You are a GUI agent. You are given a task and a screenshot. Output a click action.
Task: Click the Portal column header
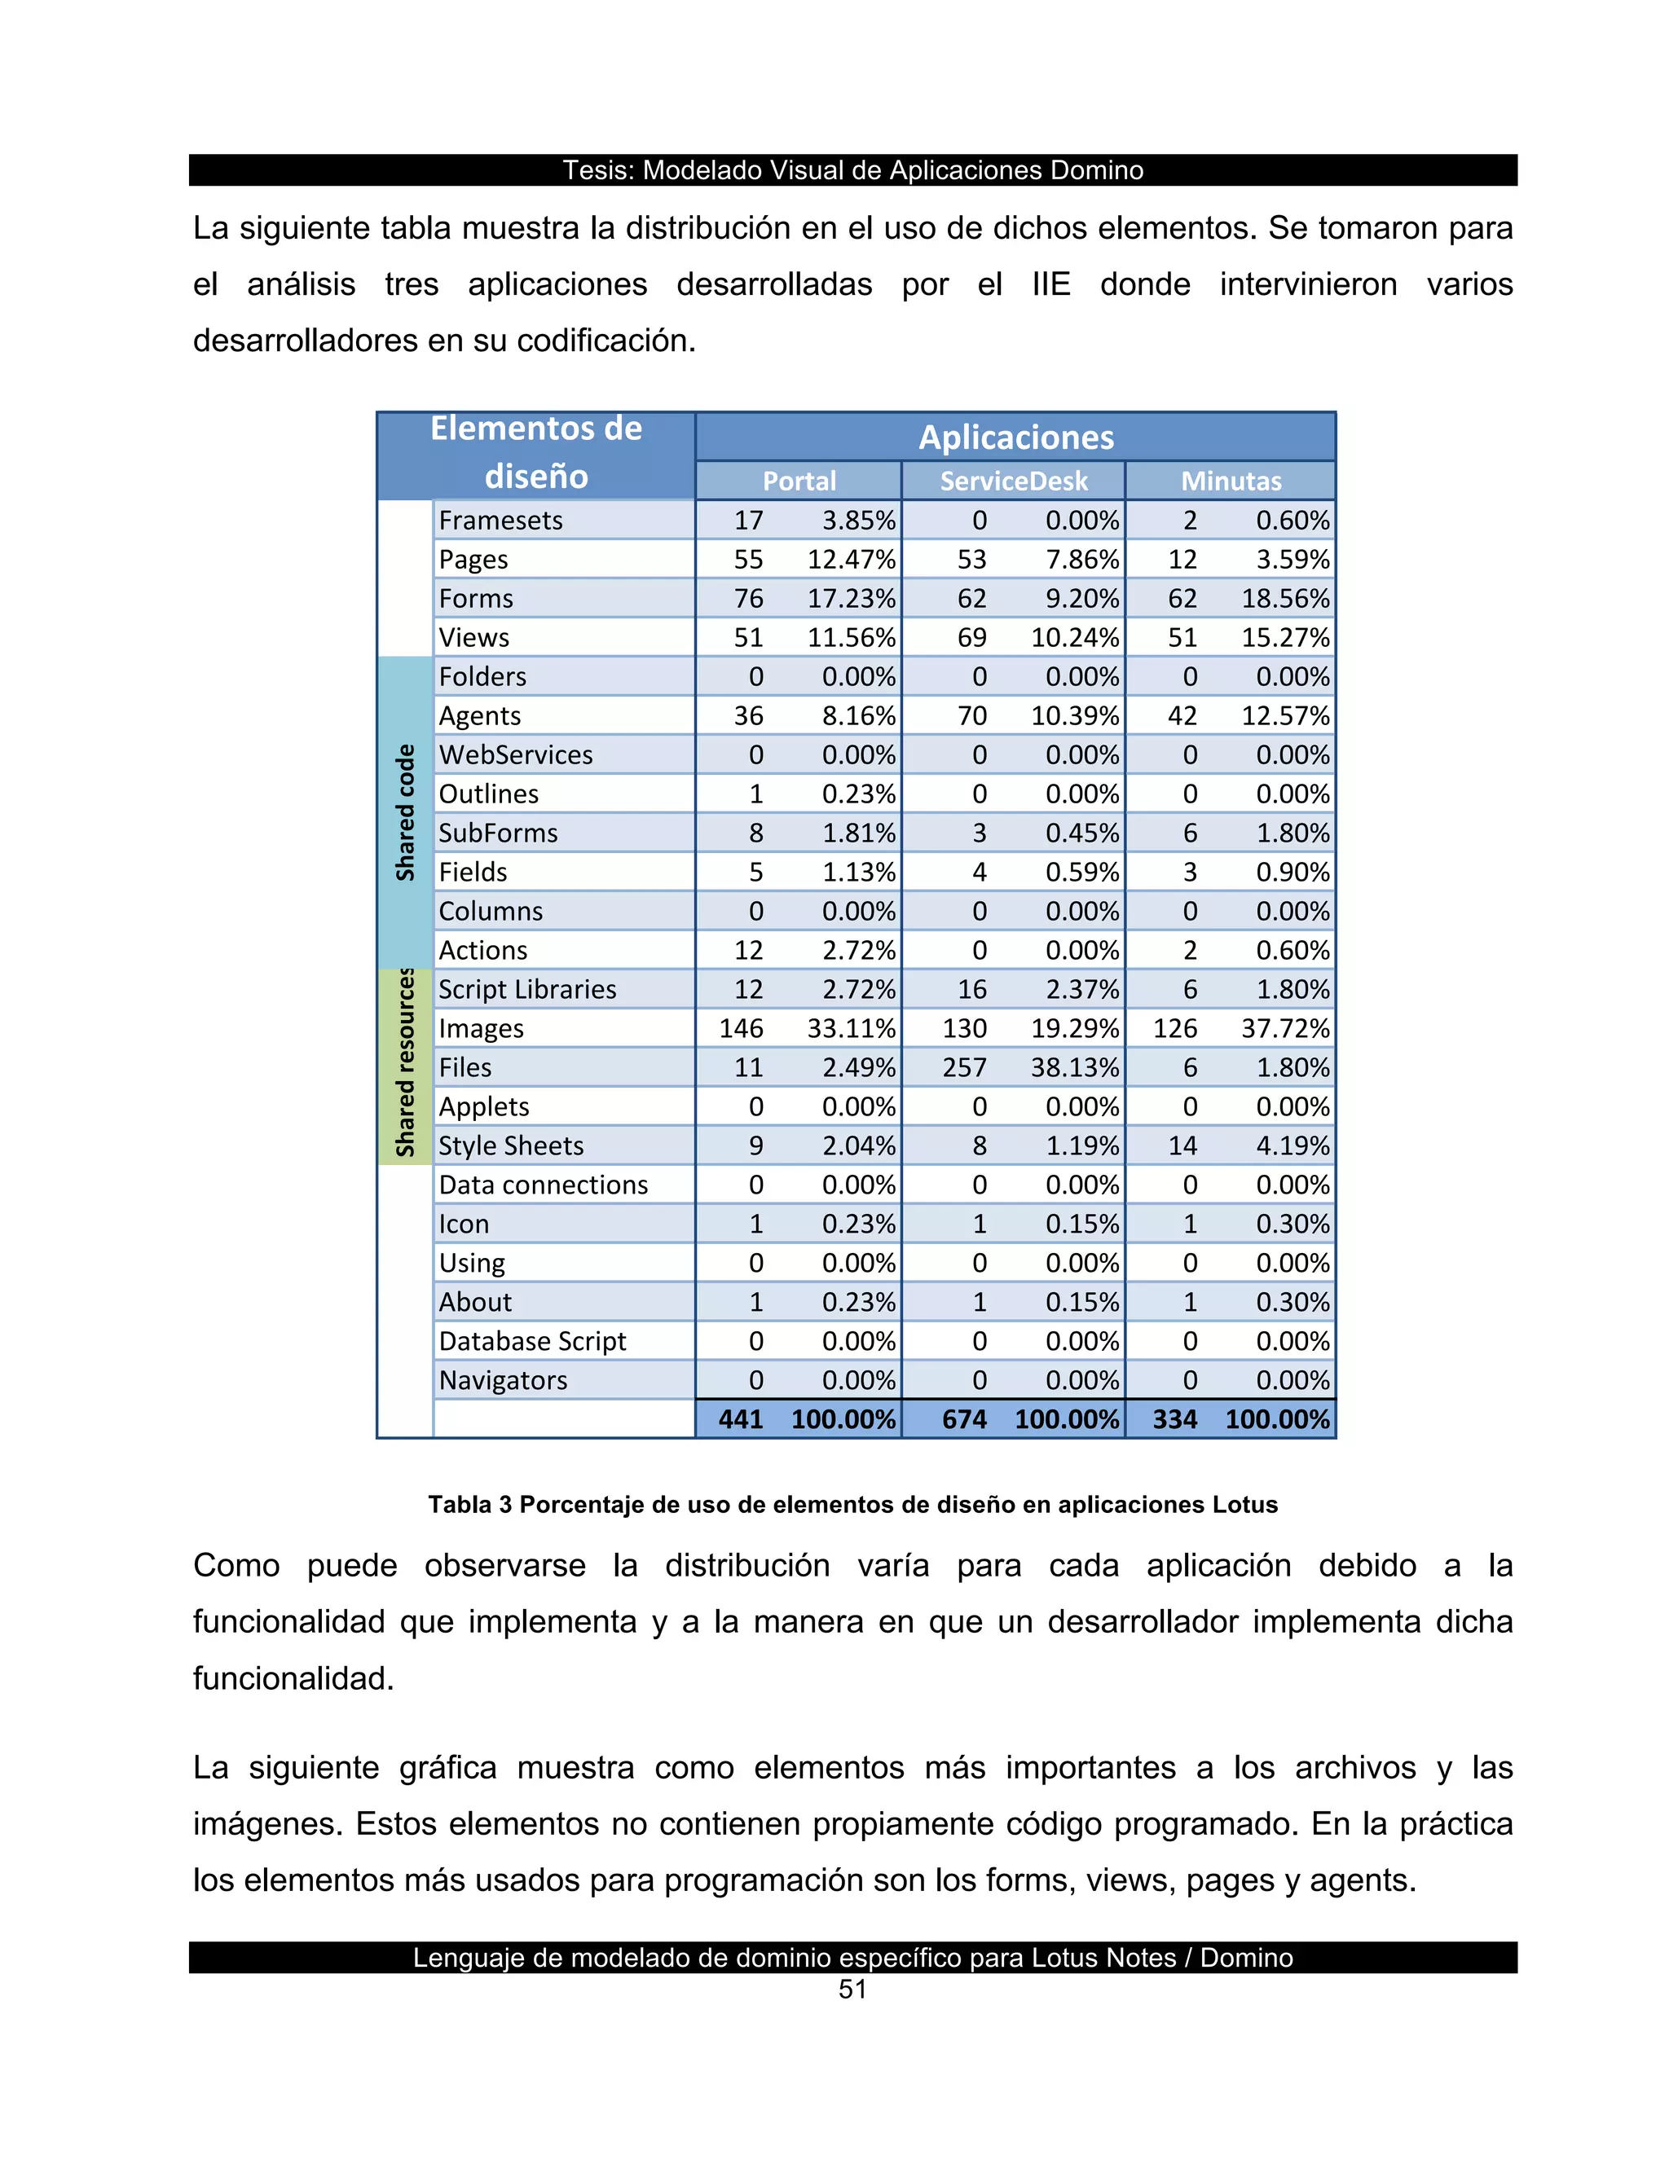[798, 481]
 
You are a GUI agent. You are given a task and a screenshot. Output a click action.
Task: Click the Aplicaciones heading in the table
[1015, 437]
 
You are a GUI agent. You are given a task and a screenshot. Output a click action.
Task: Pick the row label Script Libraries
[527, 990]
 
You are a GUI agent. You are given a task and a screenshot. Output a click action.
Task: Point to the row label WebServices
[515, 755]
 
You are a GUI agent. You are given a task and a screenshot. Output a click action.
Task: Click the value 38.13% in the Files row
[1075, 1067]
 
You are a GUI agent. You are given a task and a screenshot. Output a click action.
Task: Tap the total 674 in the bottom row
[964, 1419]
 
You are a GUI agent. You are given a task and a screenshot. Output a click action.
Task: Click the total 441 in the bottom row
[741, 1419]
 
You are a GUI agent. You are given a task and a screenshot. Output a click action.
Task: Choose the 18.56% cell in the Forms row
[1285, 599]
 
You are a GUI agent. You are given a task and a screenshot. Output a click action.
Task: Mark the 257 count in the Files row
[964, 1067]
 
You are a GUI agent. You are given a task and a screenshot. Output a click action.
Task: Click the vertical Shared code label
[405, 812]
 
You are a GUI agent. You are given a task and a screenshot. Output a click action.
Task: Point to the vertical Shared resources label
[405, 1064]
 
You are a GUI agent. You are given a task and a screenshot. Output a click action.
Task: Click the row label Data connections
[543, 1185]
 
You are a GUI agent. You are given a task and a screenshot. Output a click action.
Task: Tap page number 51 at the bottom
[852, 1990]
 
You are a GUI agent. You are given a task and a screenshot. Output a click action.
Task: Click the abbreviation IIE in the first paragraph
[1051, 284]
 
